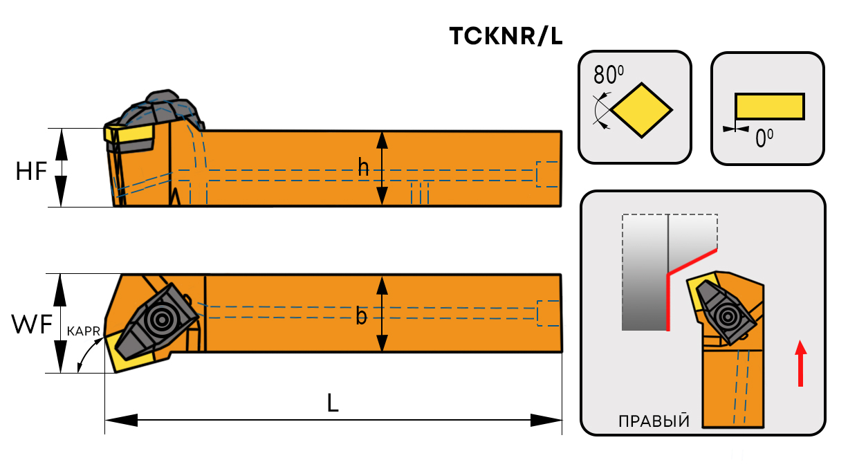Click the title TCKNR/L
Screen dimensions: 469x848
pyautogui.click(x=506, y=37)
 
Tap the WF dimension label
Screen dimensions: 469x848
pyautogui.click(x=32, y=324)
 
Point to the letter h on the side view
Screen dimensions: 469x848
pyautogui.click(x=363, y=167)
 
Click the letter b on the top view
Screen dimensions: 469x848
pyautogui.click(x=361, y=316)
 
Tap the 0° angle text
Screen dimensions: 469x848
pyautogui.click(x=764, y=139)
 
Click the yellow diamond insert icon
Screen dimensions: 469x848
pyautogui.click(x=643, y=109)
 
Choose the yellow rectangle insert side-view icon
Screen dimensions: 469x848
pyautogui.click(x=769, y=107)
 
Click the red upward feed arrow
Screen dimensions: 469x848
pyautogui.click(x=800, y=363)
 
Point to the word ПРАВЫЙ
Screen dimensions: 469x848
pyautogui.click(x=653, y=421)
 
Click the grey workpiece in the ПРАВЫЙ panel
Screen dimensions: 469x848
pyautogui.click(x=645, y=277)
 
